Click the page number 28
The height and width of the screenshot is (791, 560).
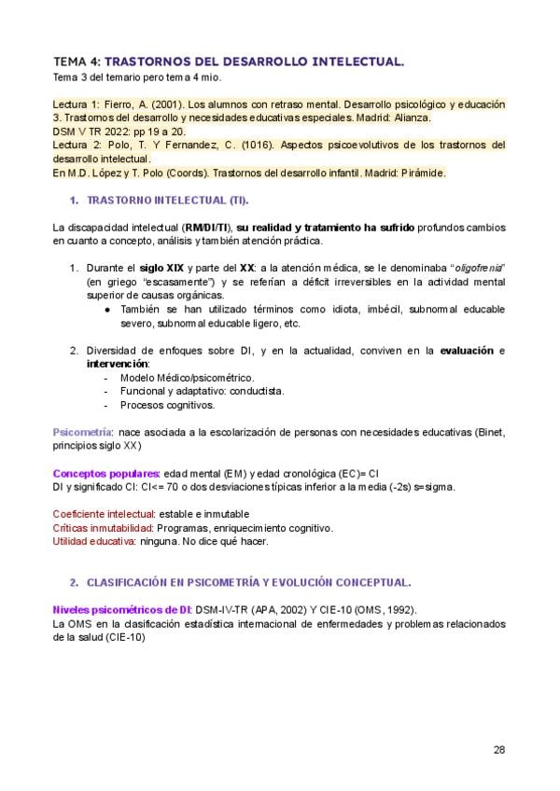pos(499,750)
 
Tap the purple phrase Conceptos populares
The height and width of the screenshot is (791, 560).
pos(105,473)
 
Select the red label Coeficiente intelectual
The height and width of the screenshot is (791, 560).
pos(104,514)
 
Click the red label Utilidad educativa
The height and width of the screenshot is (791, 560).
pos(93,541)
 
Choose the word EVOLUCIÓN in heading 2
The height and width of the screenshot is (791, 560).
pos(282,582)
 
